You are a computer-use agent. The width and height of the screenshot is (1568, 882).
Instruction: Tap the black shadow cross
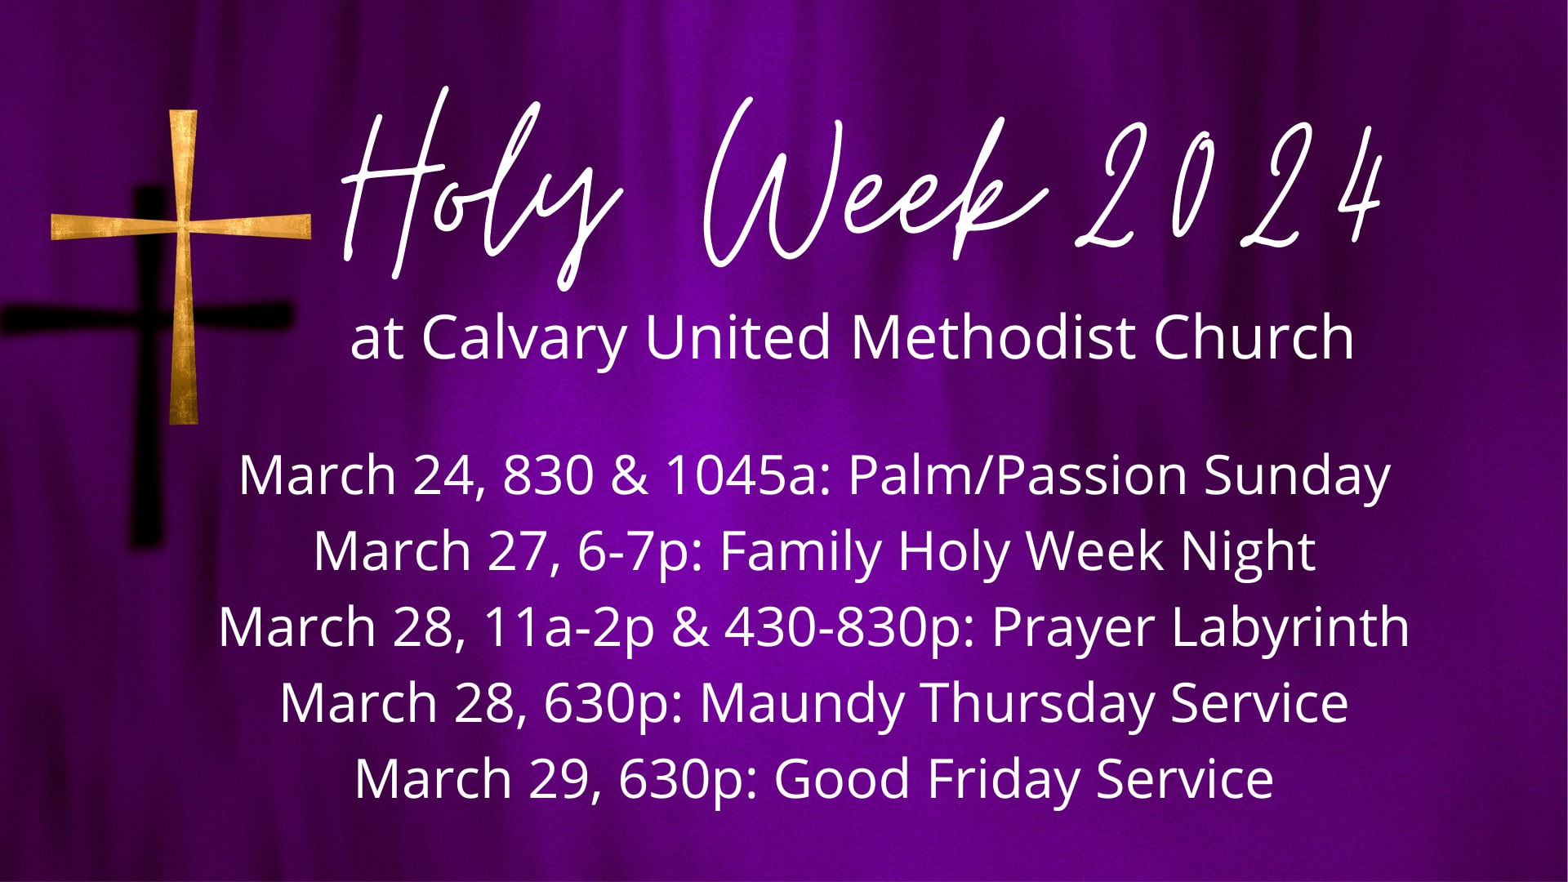pyautogui.click(x=147, y=457)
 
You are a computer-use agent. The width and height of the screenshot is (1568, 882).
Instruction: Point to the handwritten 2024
pyautogui.click(x=1233, y=192)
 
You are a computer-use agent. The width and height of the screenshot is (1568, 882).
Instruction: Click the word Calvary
pyautogui.click(x=523, y=337)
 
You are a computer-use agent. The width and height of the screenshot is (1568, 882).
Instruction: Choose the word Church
pyautogui.click(x=1254, y=337)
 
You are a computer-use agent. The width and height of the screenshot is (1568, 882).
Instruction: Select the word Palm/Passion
pyautogui.click(x=1017, y=475)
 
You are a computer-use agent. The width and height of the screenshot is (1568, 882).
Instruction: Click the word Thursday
pyautogui.click(x=1038, y=703)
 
